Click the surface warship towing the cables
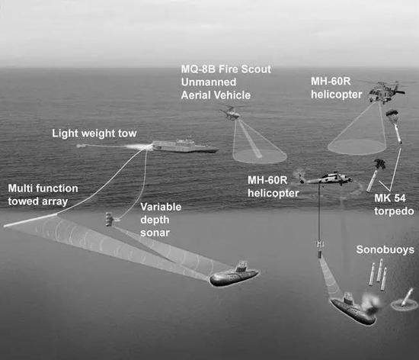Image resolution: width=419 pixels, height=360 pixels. (x=185, y=146)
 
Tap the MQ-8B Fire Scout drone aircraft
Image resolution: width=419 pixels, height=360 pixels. (x=230, y=114)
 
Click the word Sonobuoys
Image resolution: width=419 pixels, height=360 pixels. (x=385, y=249)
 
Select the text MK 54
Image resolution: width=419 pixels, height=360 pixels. (x=390, y=198)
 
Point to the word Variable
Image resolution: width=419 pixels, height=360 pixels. (x=161, y=207)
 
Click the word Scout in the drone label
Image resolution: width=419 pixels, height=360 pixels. (x=255, y=69)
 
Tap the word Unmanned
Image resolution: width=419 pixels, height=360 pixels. (x=209, y=82)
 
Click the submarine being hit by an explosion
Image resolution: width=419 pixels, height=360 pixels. (x=353, y=309)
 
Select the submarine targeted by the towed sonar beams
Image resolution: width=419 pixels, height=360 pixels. (x=234, y=275)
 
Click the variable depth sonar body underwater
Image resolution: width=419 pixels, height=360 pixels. (x=110, y=220)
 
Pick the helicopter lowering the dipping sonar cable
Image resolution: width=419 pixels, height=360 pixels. (x=325, y=178)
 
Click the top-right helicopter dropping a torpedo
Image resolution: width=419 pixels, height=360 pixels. (x=386, y=92)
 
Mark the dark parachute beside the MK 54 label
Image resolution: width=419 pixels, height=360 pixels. (x=379, y=163)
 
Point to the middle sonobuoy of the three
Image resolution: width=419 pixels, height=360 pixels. (x=380, y=270)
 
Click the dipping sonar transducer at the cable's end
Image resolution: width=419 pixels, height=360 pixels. (x=319, y=249)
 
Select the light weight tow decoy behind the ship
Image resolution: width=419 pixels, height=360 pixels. (x=81, y=146)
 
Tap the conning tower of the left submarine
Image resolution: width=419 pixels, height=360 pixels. (x=241, y=267)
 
